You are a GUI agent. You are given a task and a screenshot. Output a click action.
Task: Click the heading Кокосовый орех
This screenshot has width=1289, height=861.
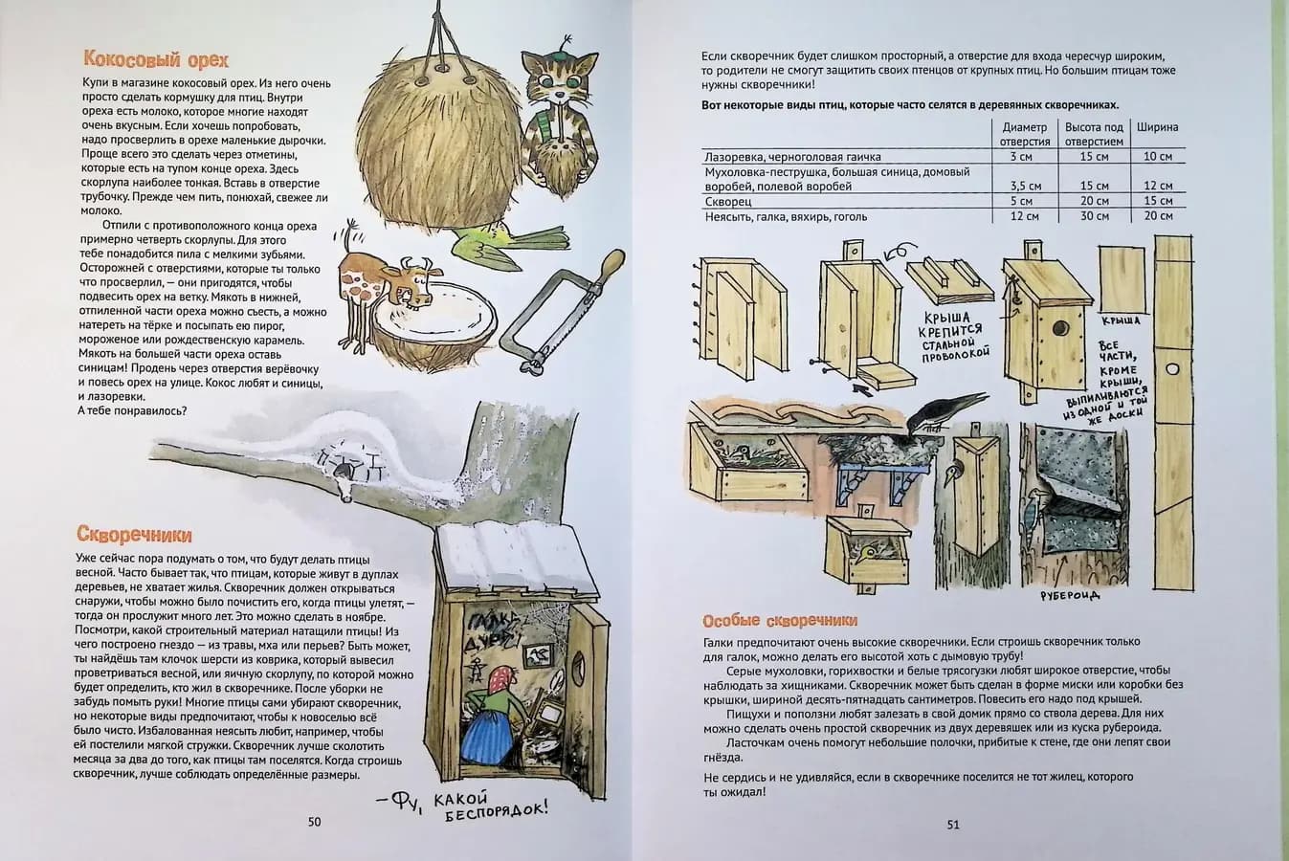(x=155, y=60)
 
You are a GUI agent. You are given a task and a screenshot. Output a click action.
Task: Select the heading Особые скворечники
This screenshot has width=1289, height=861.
(x=779, y=620)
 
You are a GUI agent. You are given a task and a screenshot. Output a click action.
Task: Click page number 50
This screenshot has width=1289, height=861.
(x=314, y=822)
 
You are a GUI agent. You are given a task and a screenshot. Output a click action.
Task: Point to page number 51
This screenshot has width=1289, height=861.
(x=952, y=825)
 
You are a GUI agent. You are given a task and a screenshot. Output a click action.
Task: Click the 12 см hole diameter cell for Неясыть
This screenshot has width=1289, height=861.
(x=1024, y=216)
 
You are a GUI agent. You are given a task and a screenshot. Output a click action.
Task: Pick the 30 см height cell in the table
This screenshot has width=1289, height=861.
(x=1094, y=216)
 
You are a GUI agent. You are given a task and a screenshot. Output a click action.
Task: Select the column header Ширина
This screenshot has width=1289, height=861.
(x=1157, y=126)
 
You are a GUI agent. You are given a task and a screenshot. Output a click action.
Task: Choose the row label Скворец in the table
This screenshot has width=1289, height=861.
(x=727, y=202)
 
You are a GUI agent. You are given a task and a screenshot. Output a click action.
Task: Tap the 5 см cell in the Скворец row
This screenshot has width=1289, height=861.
(x=1024, y=202)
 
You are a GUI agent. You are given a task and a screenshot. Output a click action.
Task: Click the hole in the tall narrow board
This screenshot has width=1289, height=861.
(x=1172, y=368)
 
